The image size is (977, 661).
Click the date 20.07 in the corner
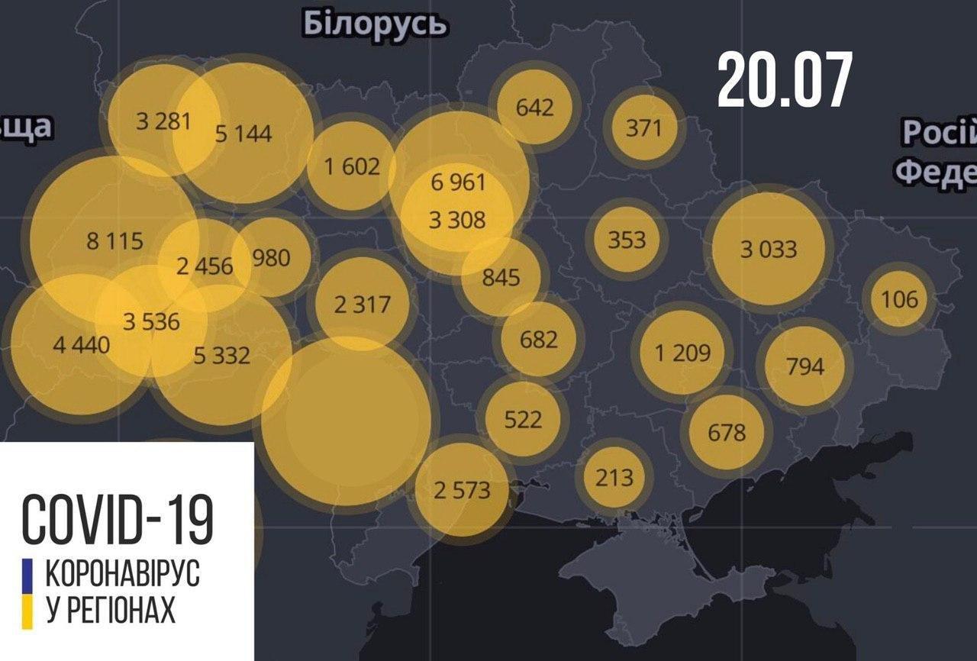tap(784, 80)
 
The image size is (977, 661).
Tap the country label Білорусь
tap(375, 24)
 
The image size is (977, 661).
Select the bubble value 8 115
tap(114, 241)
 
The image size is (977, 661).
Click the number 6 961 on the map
tap(458, 182)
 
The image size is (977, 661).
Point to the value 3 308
tap(457, 220)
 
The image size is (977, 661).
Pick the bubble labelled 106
tap(900, 298)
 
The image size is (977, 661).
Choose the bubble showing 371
tap(644, 127)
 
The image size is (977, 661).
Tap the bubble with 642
tap(534, 107)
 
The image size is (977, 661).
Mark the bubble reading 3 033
tap(769, 249)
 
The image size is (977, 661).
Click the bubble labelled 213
tap(614, 478)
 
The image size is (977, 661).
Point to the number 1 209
tap(682, 353)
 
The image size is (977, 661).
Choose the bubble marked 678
tap(726, 433)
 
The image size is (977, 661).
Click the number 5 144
tap(243, 134)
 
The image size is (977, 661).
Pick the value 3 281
tap(163, 121)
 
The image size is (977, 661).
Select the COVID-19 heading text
tap(118, 519)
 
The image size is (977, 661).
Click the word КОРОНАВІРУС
tap(127, 572)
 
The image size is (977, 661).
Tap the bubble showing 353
tap(627, 240)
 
